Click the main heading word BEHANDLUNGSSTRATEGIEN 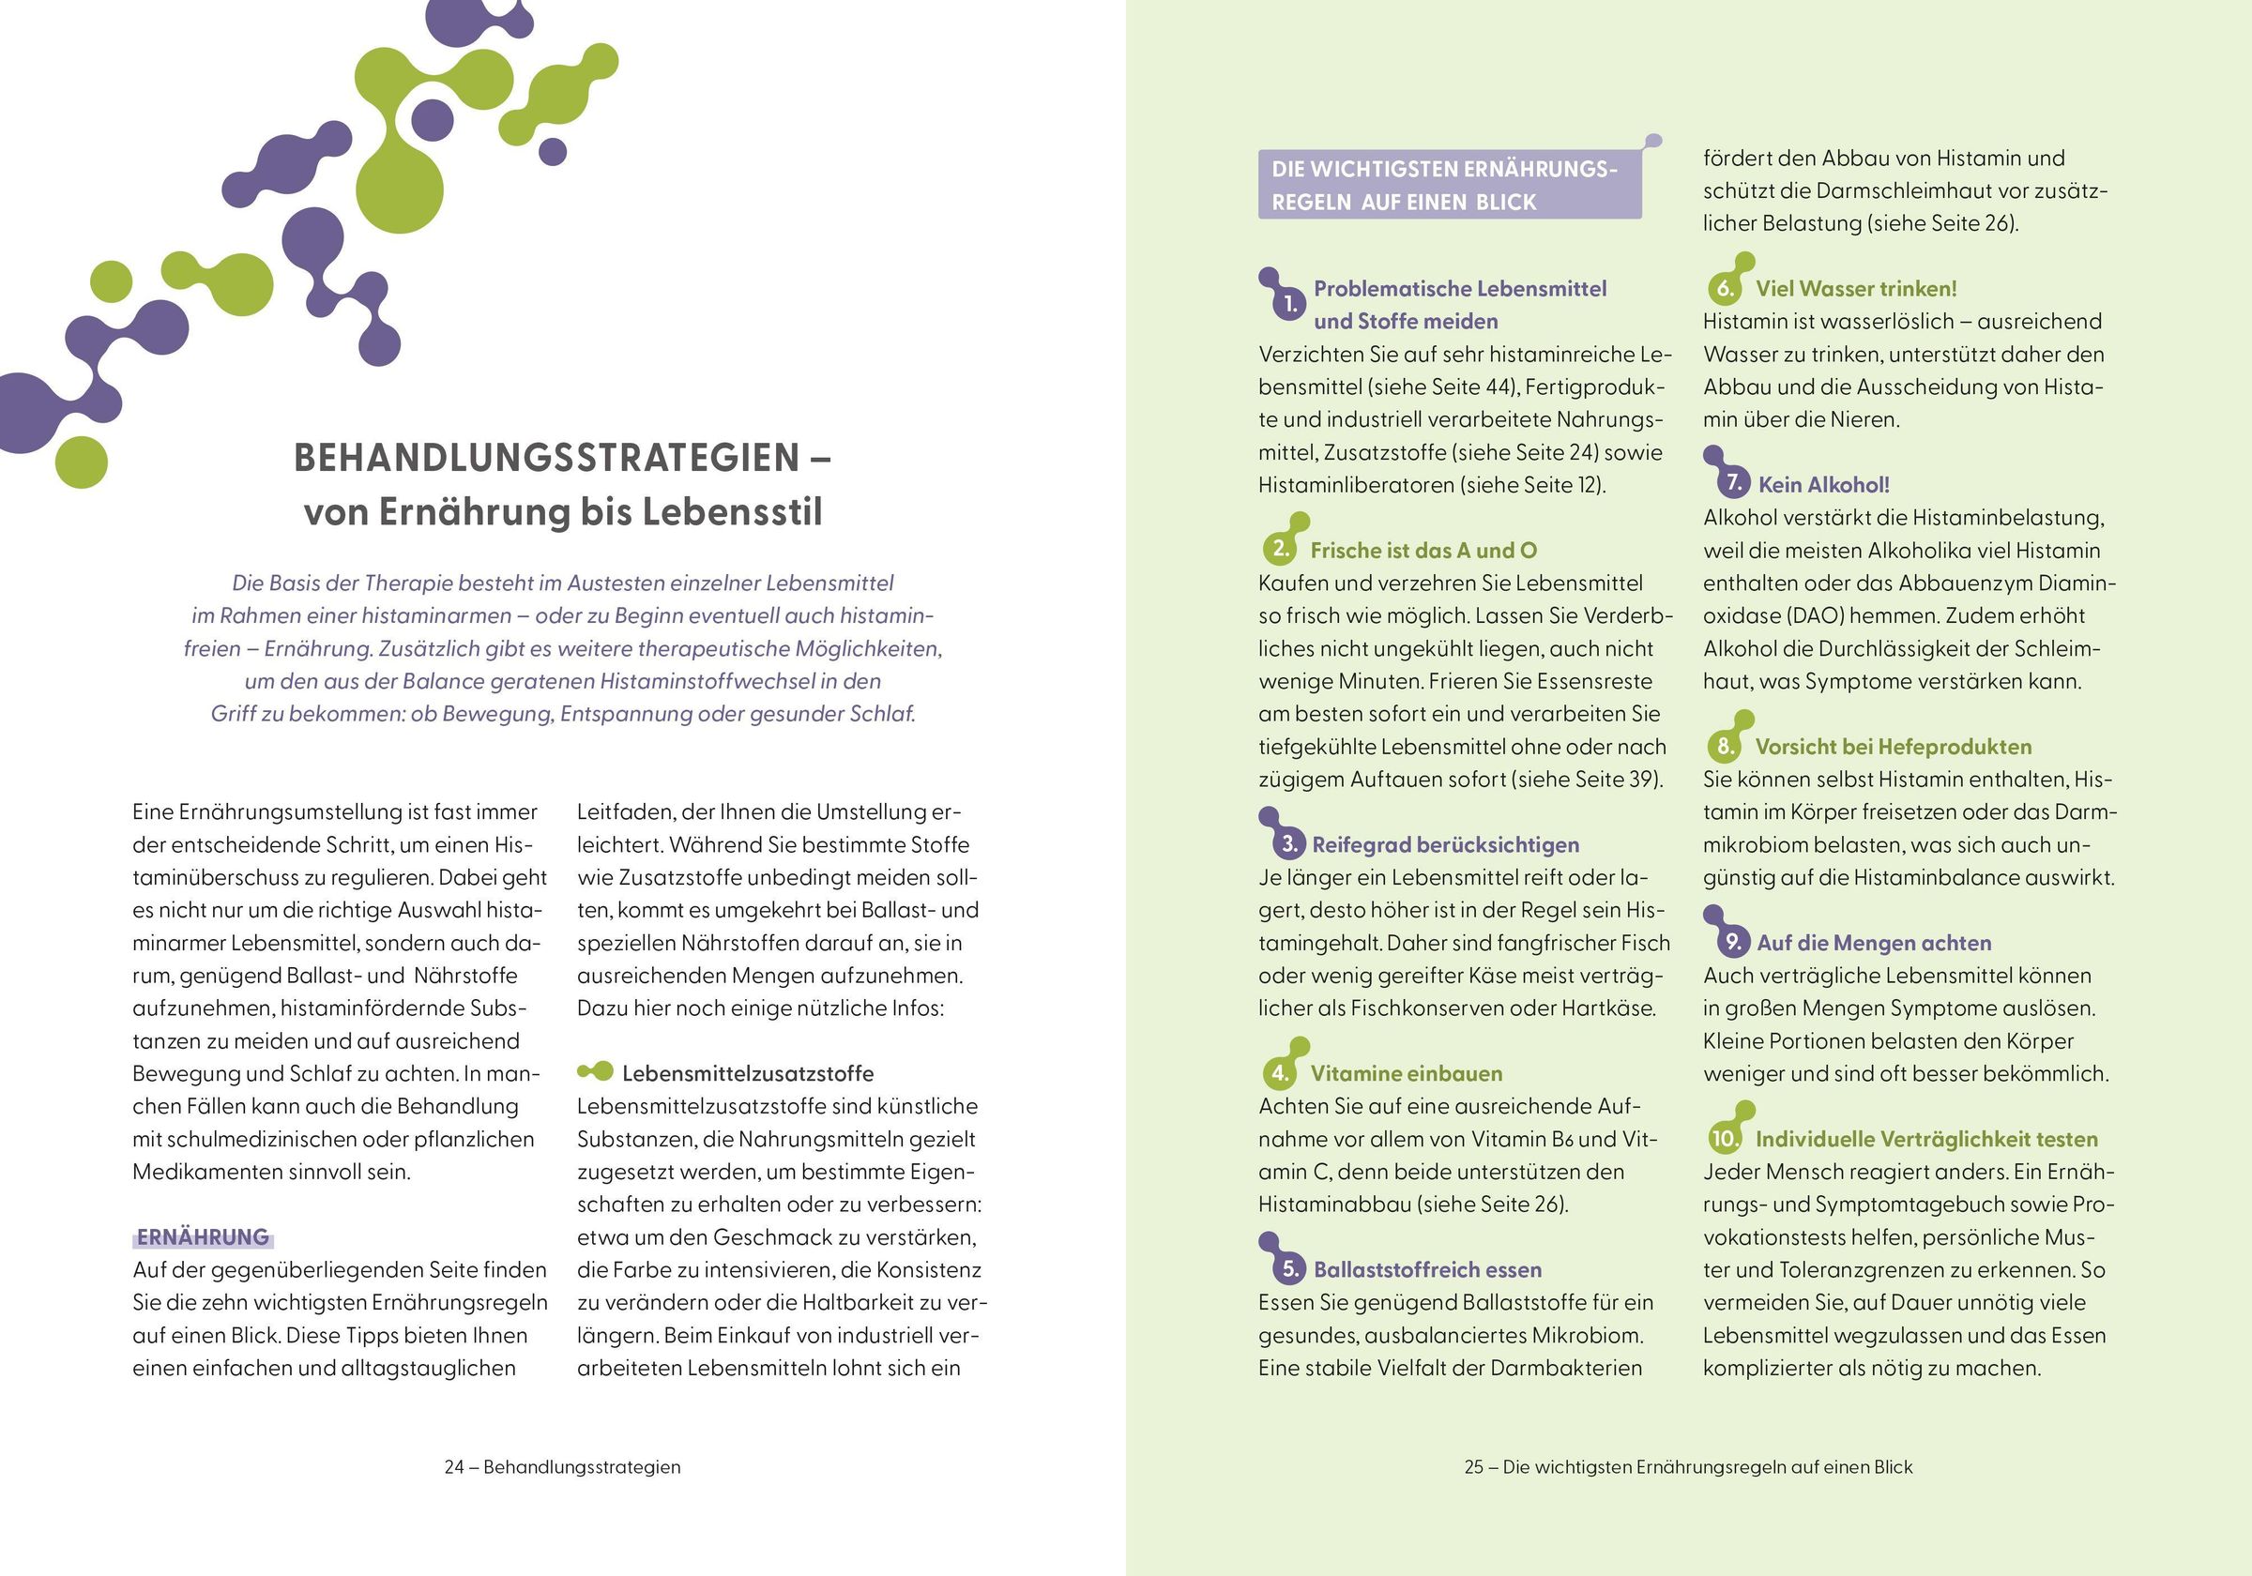(546, 458)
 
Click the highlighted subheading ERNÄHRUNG (203, 1236)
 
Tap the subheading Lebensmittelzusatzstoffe (748, 1073)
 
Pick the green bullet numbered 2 (1280, 548)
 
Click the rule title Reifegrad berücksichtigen (1445, 844)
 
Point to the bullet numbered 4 (1280, 1072)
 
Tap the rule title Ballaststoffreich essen (1427, 1269)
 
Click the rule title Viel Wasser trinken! (1856, 288)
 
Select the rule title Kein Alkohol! (1823, 484)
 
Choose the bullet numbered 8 (1725, 747)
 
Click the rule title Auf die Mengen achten (1874, 943)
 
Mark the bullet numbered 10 (1725, 1139)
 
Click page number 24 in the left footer (454, 1467)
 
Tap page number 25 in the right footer (1473, 1467)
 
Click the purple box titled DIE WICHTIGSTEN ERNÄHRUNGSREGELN (1449, 186)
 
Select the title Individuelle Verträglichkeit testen (1926, 1139)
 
